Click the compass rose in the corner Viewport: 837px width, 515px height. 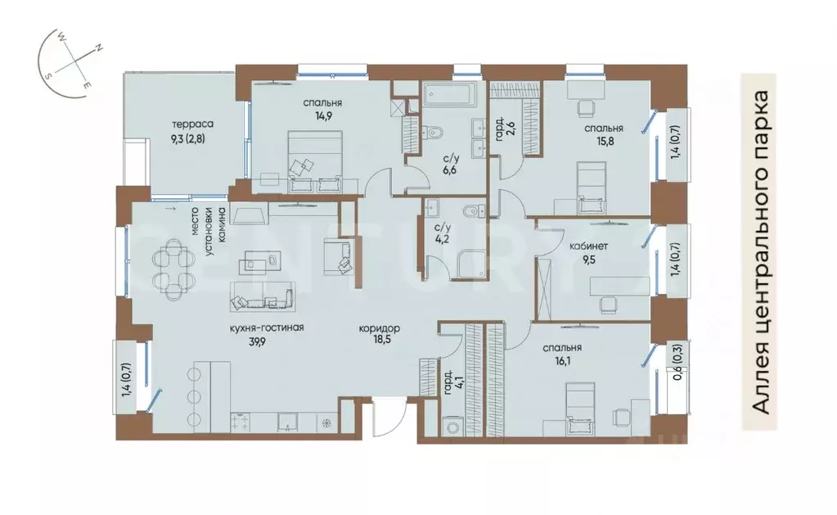(69, 63)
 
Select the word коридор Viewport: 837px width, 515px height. (379, 328)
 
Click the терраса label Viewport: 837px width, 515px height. (193, 124)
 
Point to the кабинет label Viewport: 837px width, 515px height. (589, 246)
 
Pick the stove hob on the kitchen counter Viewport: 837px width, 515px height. (241, 422)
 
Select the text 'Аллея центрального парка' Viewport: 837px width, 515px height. (761, 252)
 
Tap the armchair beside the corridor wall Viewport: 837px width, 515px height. (337, 257)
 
